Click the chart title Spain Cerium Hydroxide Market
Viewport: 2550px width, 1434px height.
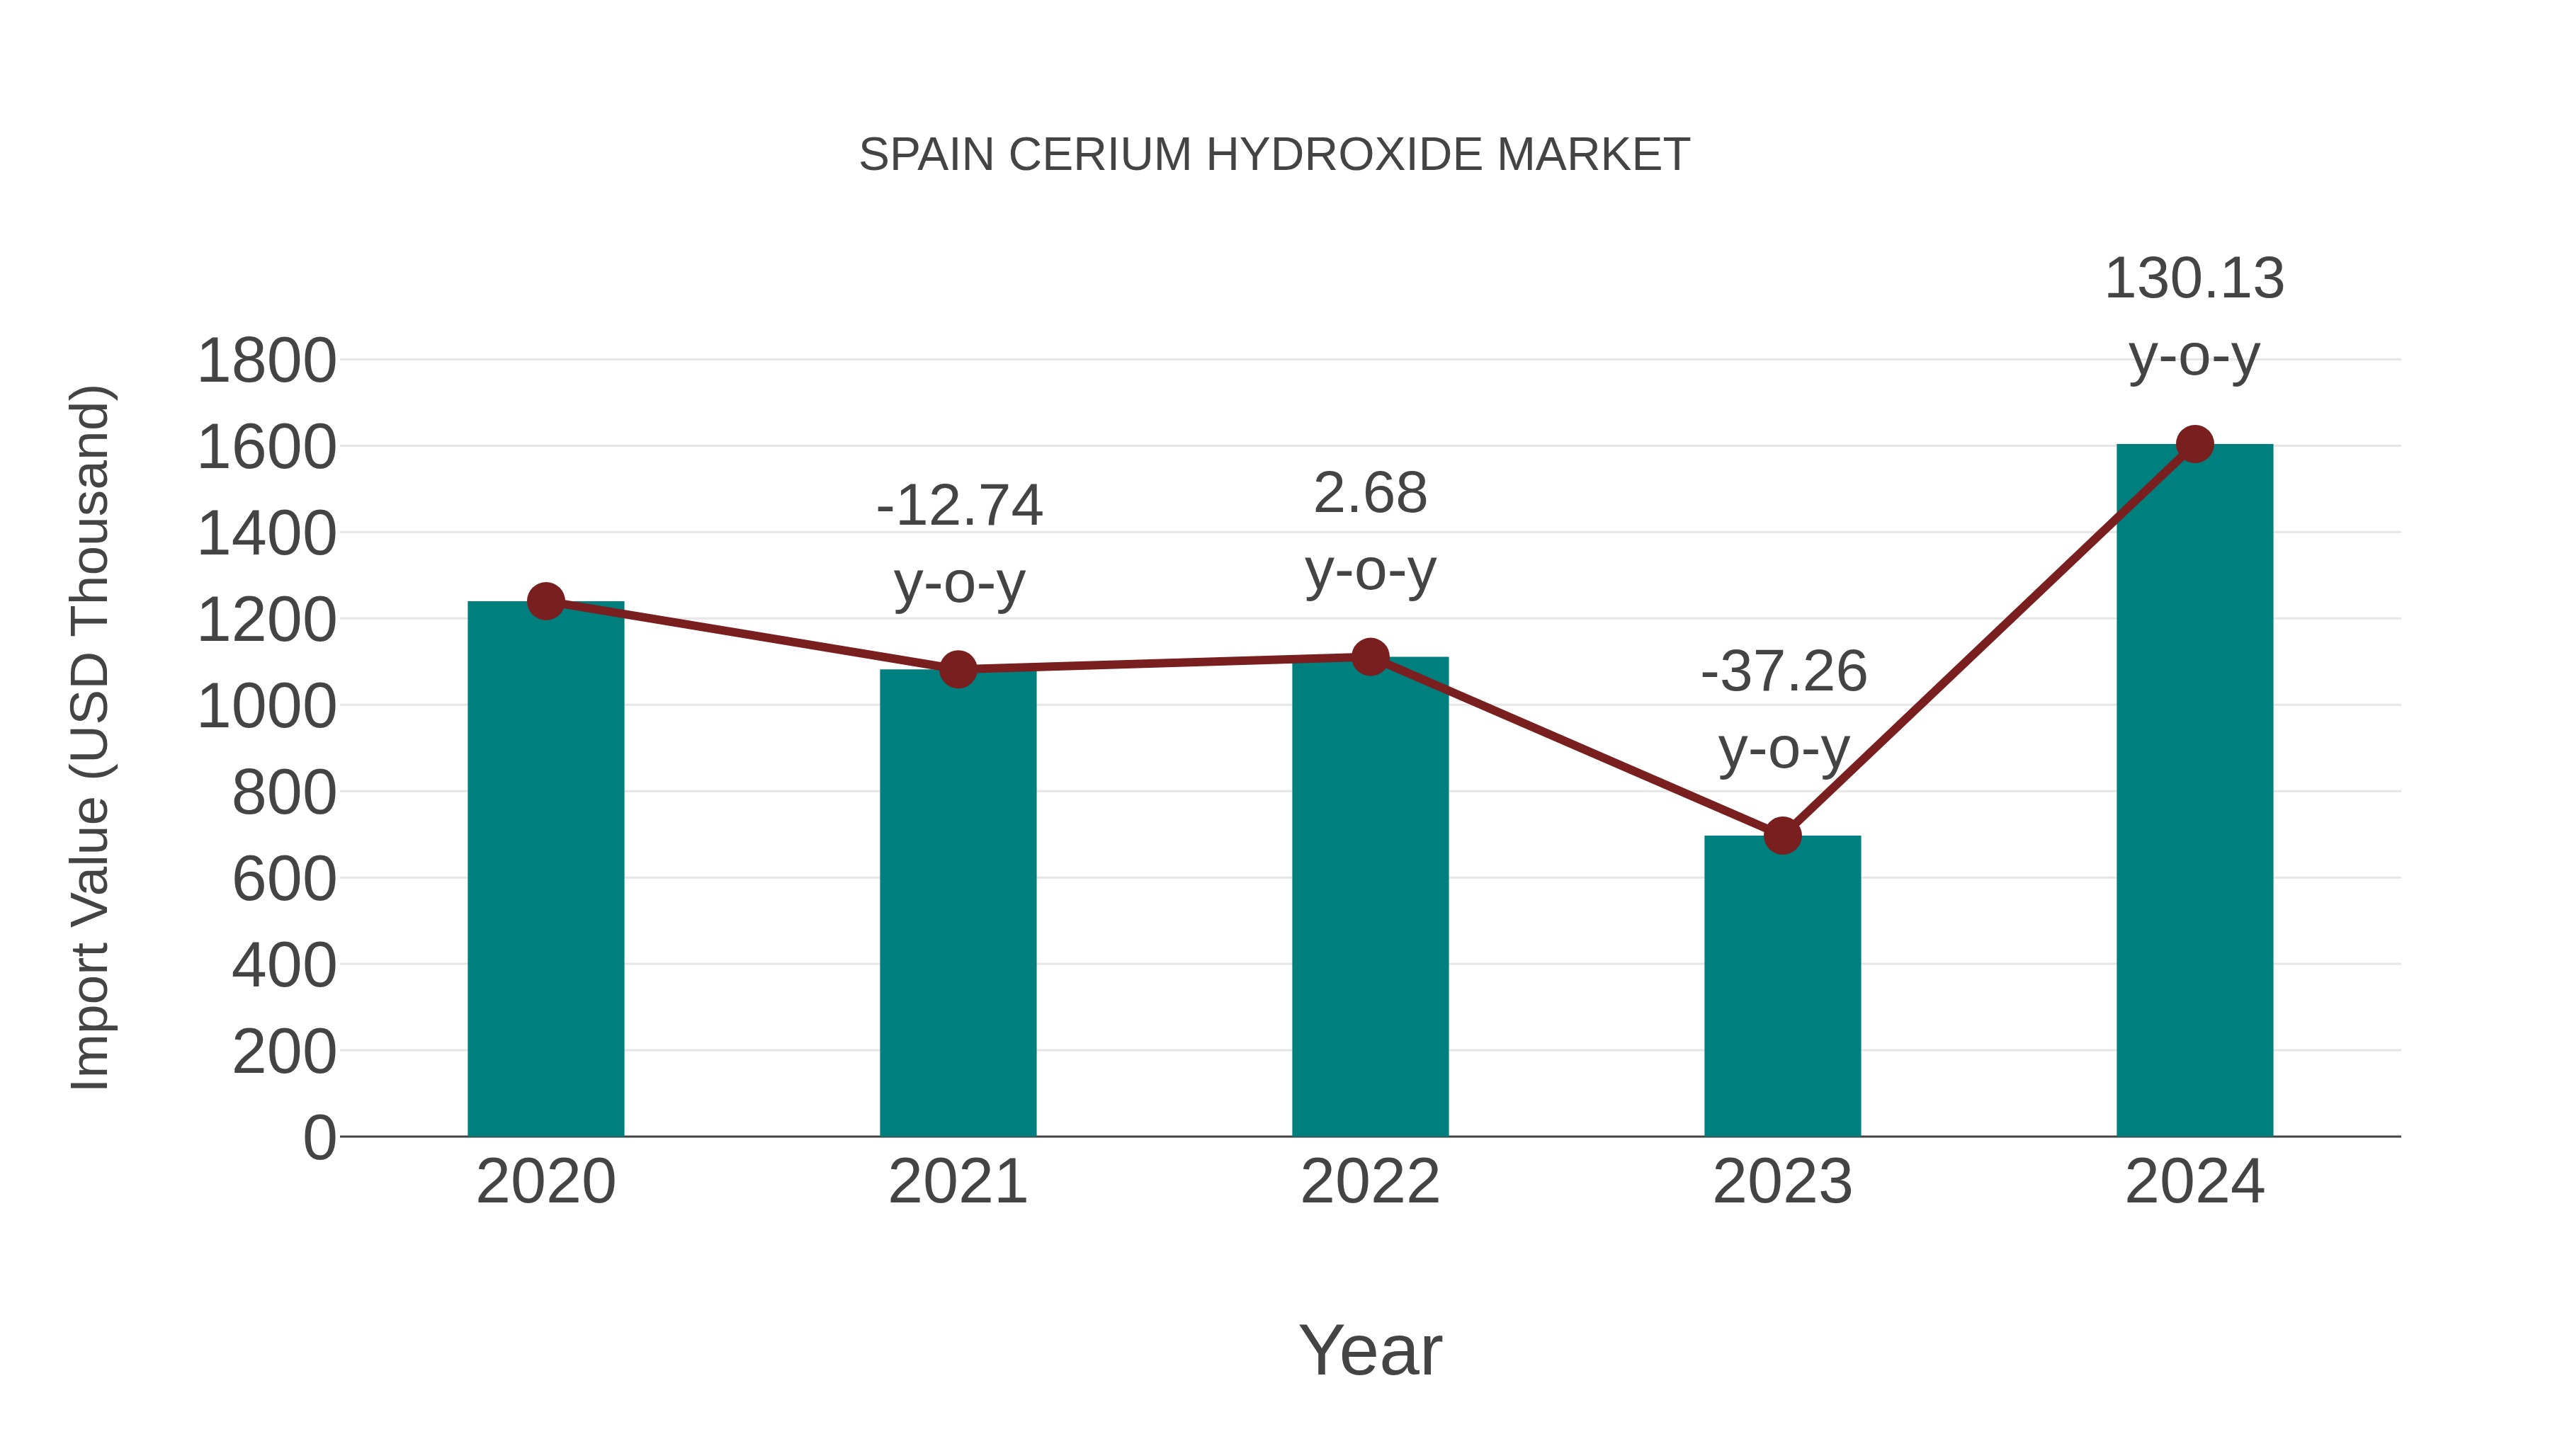(x=1274, y=155)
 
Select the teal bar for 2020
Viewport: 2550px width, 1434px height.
(x=545, y=871)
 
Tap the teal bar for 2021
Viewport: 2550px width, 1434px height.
(x=957, y=906)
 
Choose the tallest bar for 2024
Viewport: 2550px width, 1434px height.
(x=2194, y=792)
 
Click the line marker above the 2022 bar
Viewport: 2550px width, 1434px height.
(x=1370, y=657)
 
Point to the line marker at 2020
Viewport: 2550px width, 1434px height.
(x=545, y=601)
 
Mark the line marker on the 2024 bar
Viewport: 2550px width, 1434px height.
(x=2194, y=444)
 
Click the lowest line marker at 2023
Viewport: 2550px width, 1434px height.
(x=1782, y=836)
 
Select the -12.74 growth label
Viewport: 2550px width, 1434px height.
(x=959, y=507)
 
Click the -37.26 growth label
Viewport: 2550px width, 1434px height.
(x=1784, y=673)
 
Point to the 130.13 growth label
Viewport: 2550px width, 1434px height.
(x=2194, y=279)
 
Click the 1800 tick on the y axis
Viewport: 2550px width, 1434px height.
(x=266, y=361)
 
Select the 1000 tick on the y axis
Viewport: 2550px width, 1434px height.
(x=266, y=707)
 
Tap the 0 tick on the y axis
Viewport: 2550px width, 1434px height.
(x=319, y=1138)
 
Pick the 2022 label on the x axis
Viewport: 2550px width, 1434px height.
(x=1370, y=1183)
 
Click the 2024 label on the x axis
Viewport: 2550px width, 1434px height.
(x=2194, y=1183)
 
